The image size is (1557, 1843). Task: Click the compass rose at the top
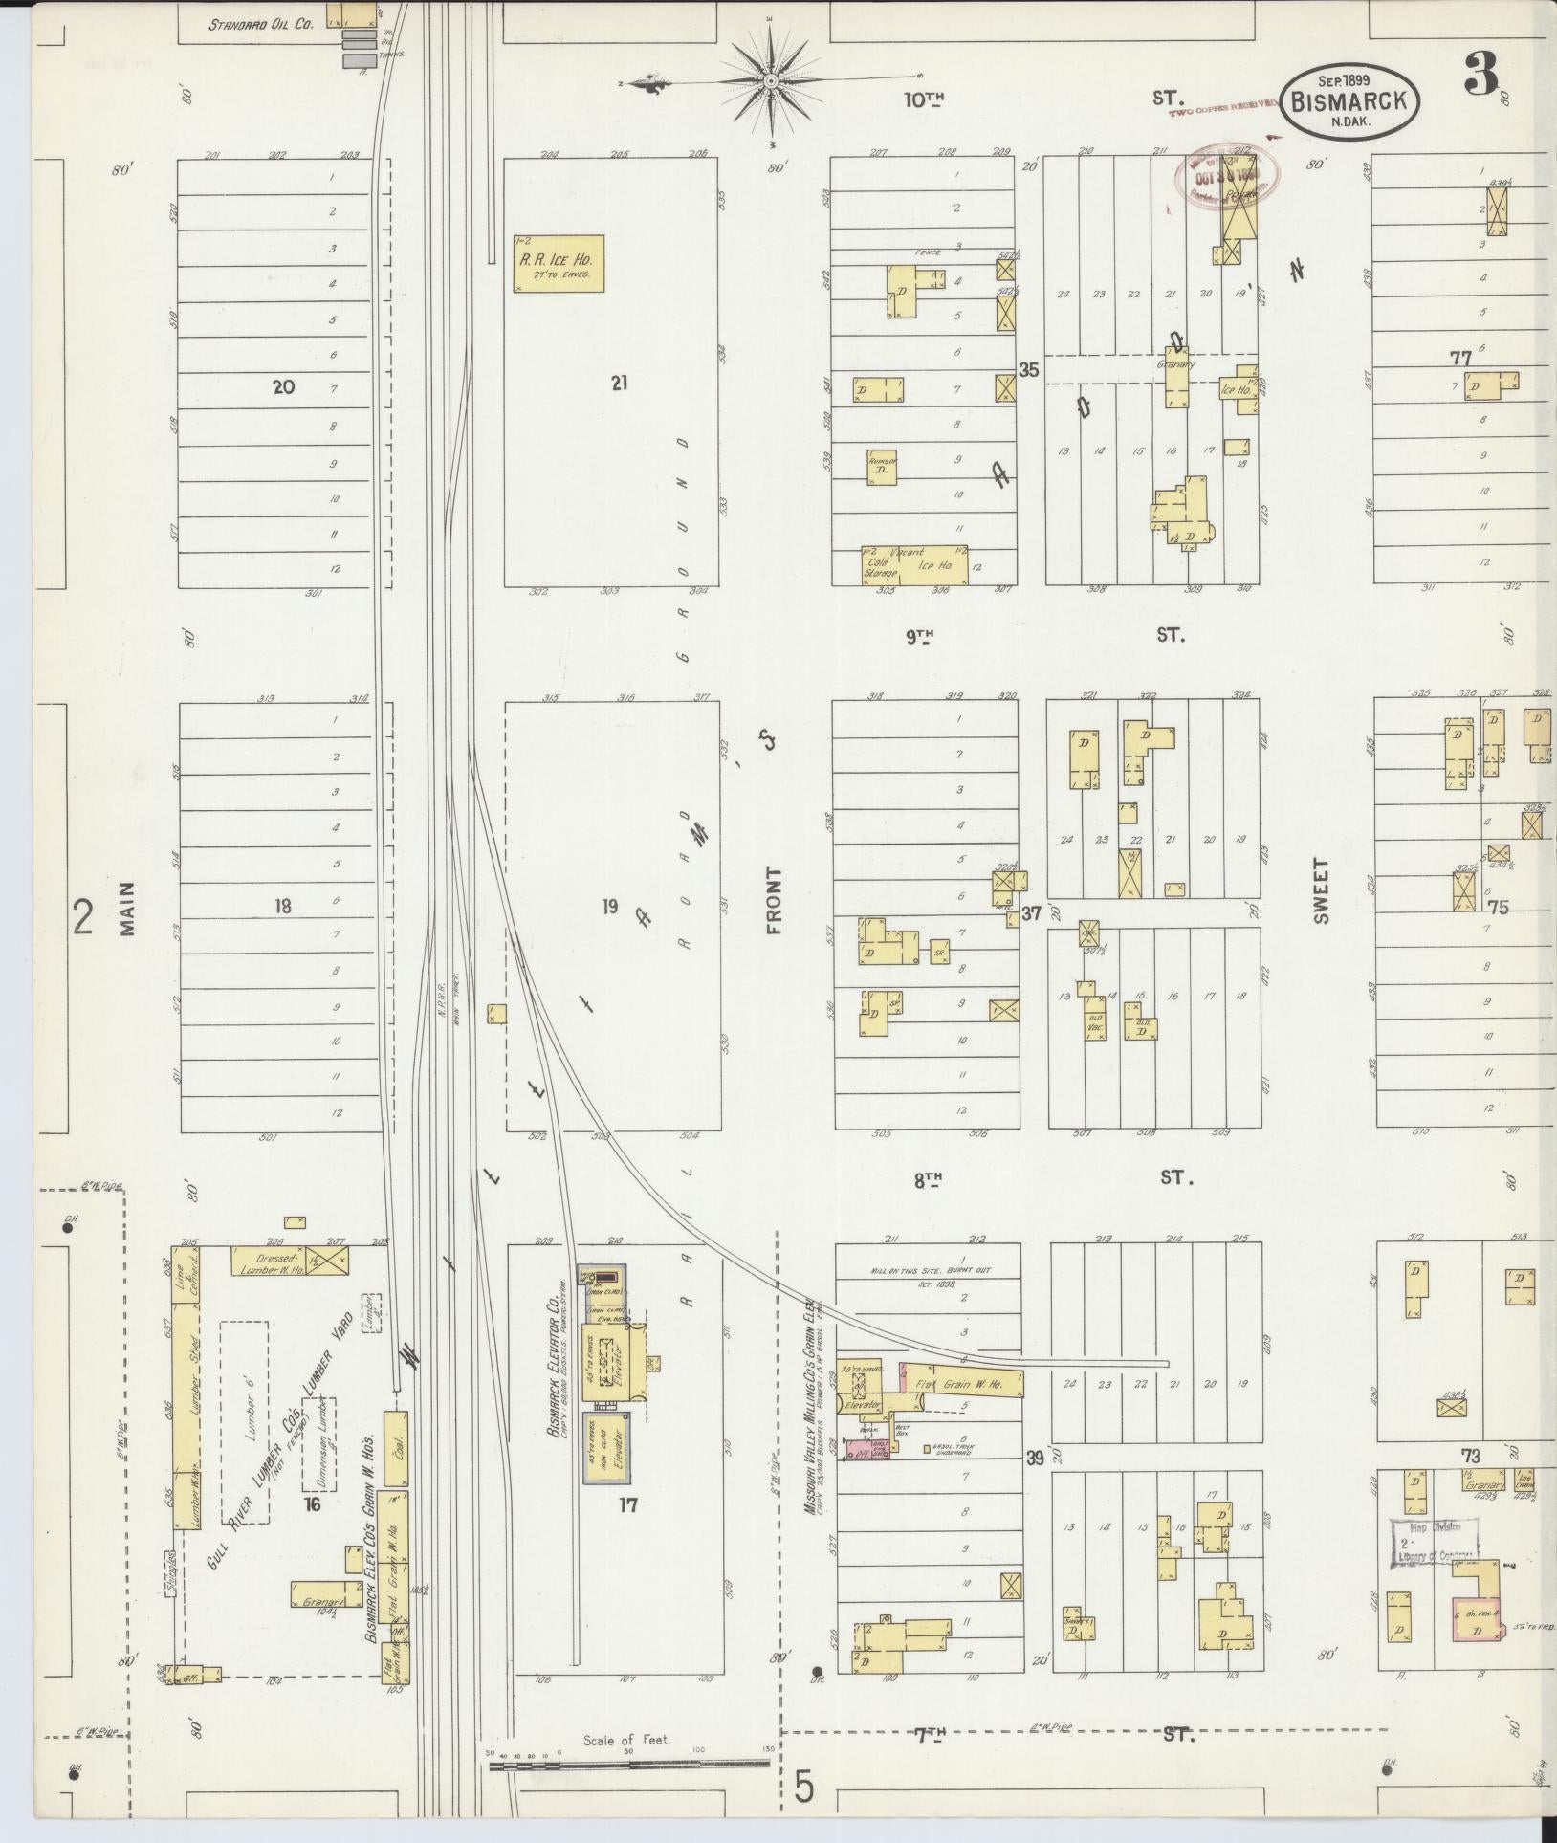(x=772, y=84)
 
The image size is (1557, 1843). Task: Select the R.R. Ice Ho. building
(x=559, y=263)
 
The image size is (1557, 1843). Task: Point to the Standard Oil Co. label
(x=262, y=26)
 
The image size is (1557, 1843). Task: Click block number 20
(x=283, y=386)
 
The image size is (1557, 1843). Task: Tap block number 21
(x=620, y=384)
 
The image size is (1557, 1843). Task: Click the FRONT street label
(x=774, y=900)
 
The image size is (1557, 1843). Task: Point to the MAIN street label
(x=129, y=908)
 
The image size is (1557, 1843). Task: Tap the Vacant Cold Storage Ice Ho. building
(x=913, y=564)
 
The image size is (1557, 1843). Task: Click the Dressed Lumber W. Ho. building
(x=268, y=1260)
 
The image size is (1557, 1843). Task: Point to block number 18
(x=283, y=905)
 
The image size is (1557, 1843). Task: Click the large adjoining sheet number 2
(x=83, y=918)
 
